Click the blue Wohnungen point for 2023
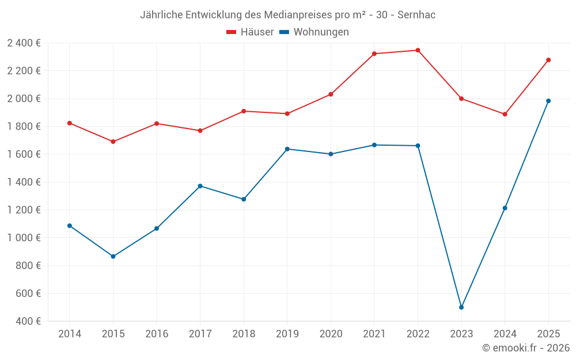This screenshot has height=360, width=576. click(x=461, y=307)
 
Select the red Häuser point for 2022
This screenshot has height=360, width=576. click(x=418, y=50)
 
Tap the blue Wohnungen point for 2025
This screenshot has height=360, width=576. click(x=548, y=101)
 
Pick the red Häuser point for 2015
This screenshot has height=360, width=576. click(x=113, y=142)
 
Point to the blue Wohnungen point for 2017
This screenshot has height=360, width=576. click(x=200, y=186)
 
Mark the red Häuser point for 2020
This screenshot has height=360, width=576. click(x=331, y=94)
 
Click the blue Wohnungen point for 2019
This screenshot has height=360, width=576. click(x=287, y=149)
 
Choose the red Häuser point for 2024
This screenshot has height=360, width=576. click(x=505, y=114)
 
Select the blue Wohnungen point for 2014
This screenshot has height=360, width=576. click(x=70, y=226)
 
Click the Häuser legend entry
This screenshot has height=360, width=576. click(x=250, y=32)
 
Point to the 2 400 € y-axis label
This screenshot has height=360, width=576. click(x=24, y=43)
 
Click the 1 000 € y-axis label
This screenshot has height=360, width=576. click(x=24, y=238)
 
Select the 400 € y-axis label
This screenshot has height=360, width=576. click(x=27, y=321)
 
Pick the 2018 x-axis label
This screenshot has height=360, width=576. click(x=244, y=334)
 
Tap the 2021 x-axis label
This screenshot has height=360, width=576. click(x=374, y=334)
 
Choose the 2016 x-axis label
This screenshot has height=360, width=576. click(x=157, y=334)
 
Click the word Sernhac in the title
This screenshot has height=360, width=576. click(x=416, y=15)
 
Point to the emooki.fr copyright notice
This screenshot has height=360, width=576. click(x=525, y=348)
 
